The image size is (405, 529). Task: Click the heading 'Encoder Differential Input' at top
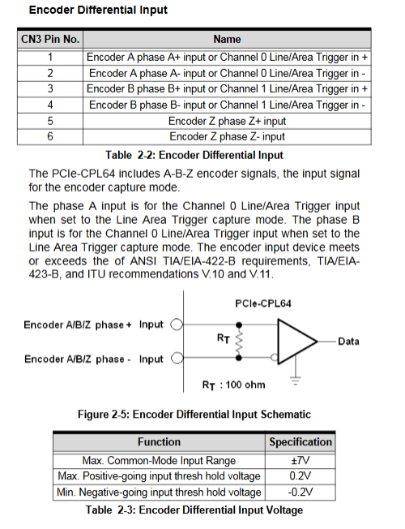98,10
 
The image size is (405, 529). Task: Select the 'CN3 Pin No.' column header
50,39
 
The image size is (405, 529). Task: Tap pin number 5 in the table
50,121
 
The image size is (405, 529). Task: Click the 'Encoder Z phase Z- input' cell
227,136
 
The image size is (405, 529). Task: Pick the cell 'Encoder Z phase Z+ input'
227,121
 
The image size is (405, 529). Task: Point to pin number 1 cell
50,57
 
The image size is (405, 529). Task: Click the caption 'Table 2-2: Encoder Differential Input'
194,155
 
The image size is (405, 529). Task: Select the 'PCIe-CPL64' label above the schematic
263,303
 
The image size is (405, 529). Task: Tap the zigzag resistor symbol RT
239,341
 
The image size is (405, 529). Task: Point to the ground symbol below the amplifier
296,380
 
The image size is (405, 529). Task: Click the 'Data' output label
348,342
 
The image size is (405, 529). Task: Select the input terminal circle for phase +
177,325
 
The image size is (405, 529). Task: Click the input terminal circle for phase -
177,358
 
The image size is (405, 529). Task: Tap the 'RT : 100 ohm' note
233,385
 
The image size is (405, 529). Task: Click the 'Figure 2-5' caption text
194,414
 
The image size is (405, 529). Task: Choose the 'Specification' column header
301,442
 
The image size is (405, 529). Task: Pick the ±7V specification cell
301,461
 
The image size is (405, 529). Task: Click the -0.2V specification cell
301,492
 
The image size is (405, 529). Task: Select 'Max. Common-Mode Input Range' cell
159,461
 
